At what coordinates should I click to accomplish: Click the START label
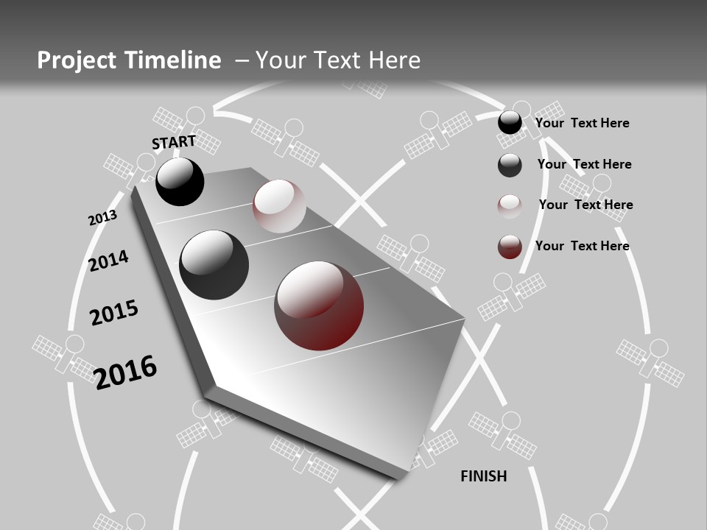[174, 141]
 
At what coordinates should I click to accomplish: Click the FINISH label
[484, 476]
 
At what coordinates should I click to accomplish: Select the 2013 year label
[102, 218]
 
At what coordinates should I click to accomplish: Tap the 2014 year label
[108, 261]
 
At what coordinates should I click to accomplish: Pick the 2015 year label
[114, 313]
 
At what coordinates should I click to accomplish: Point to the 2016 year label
[125, 371]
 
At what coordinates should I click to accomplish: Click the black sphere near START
[180, 182]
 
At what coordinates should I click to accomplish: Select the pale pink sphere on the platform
[279, 206]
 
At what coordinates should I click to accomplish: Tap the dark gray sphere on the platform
[214, 265]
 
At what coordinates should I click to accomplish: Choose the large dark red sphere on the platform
[319, 305]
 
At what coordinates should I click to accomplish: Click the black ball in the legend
[510, 123]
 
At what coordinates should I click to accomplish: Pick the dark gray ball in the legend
[510, 165]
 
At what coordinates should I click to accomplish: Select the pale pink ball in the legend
[510, 206]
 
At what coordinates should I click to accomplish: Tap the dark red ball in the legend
[510, 247]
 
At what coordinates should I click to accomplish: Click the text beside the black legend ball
[582, 123]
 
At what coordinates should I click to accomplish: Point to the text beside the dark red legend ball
[582, 246]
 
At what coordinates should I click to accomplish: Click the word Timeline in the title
[174, 60]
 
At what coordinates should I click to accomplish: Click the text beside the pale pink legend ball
[585, 205]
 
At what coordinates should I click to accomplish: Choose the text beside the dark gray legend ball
[584, 164]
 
